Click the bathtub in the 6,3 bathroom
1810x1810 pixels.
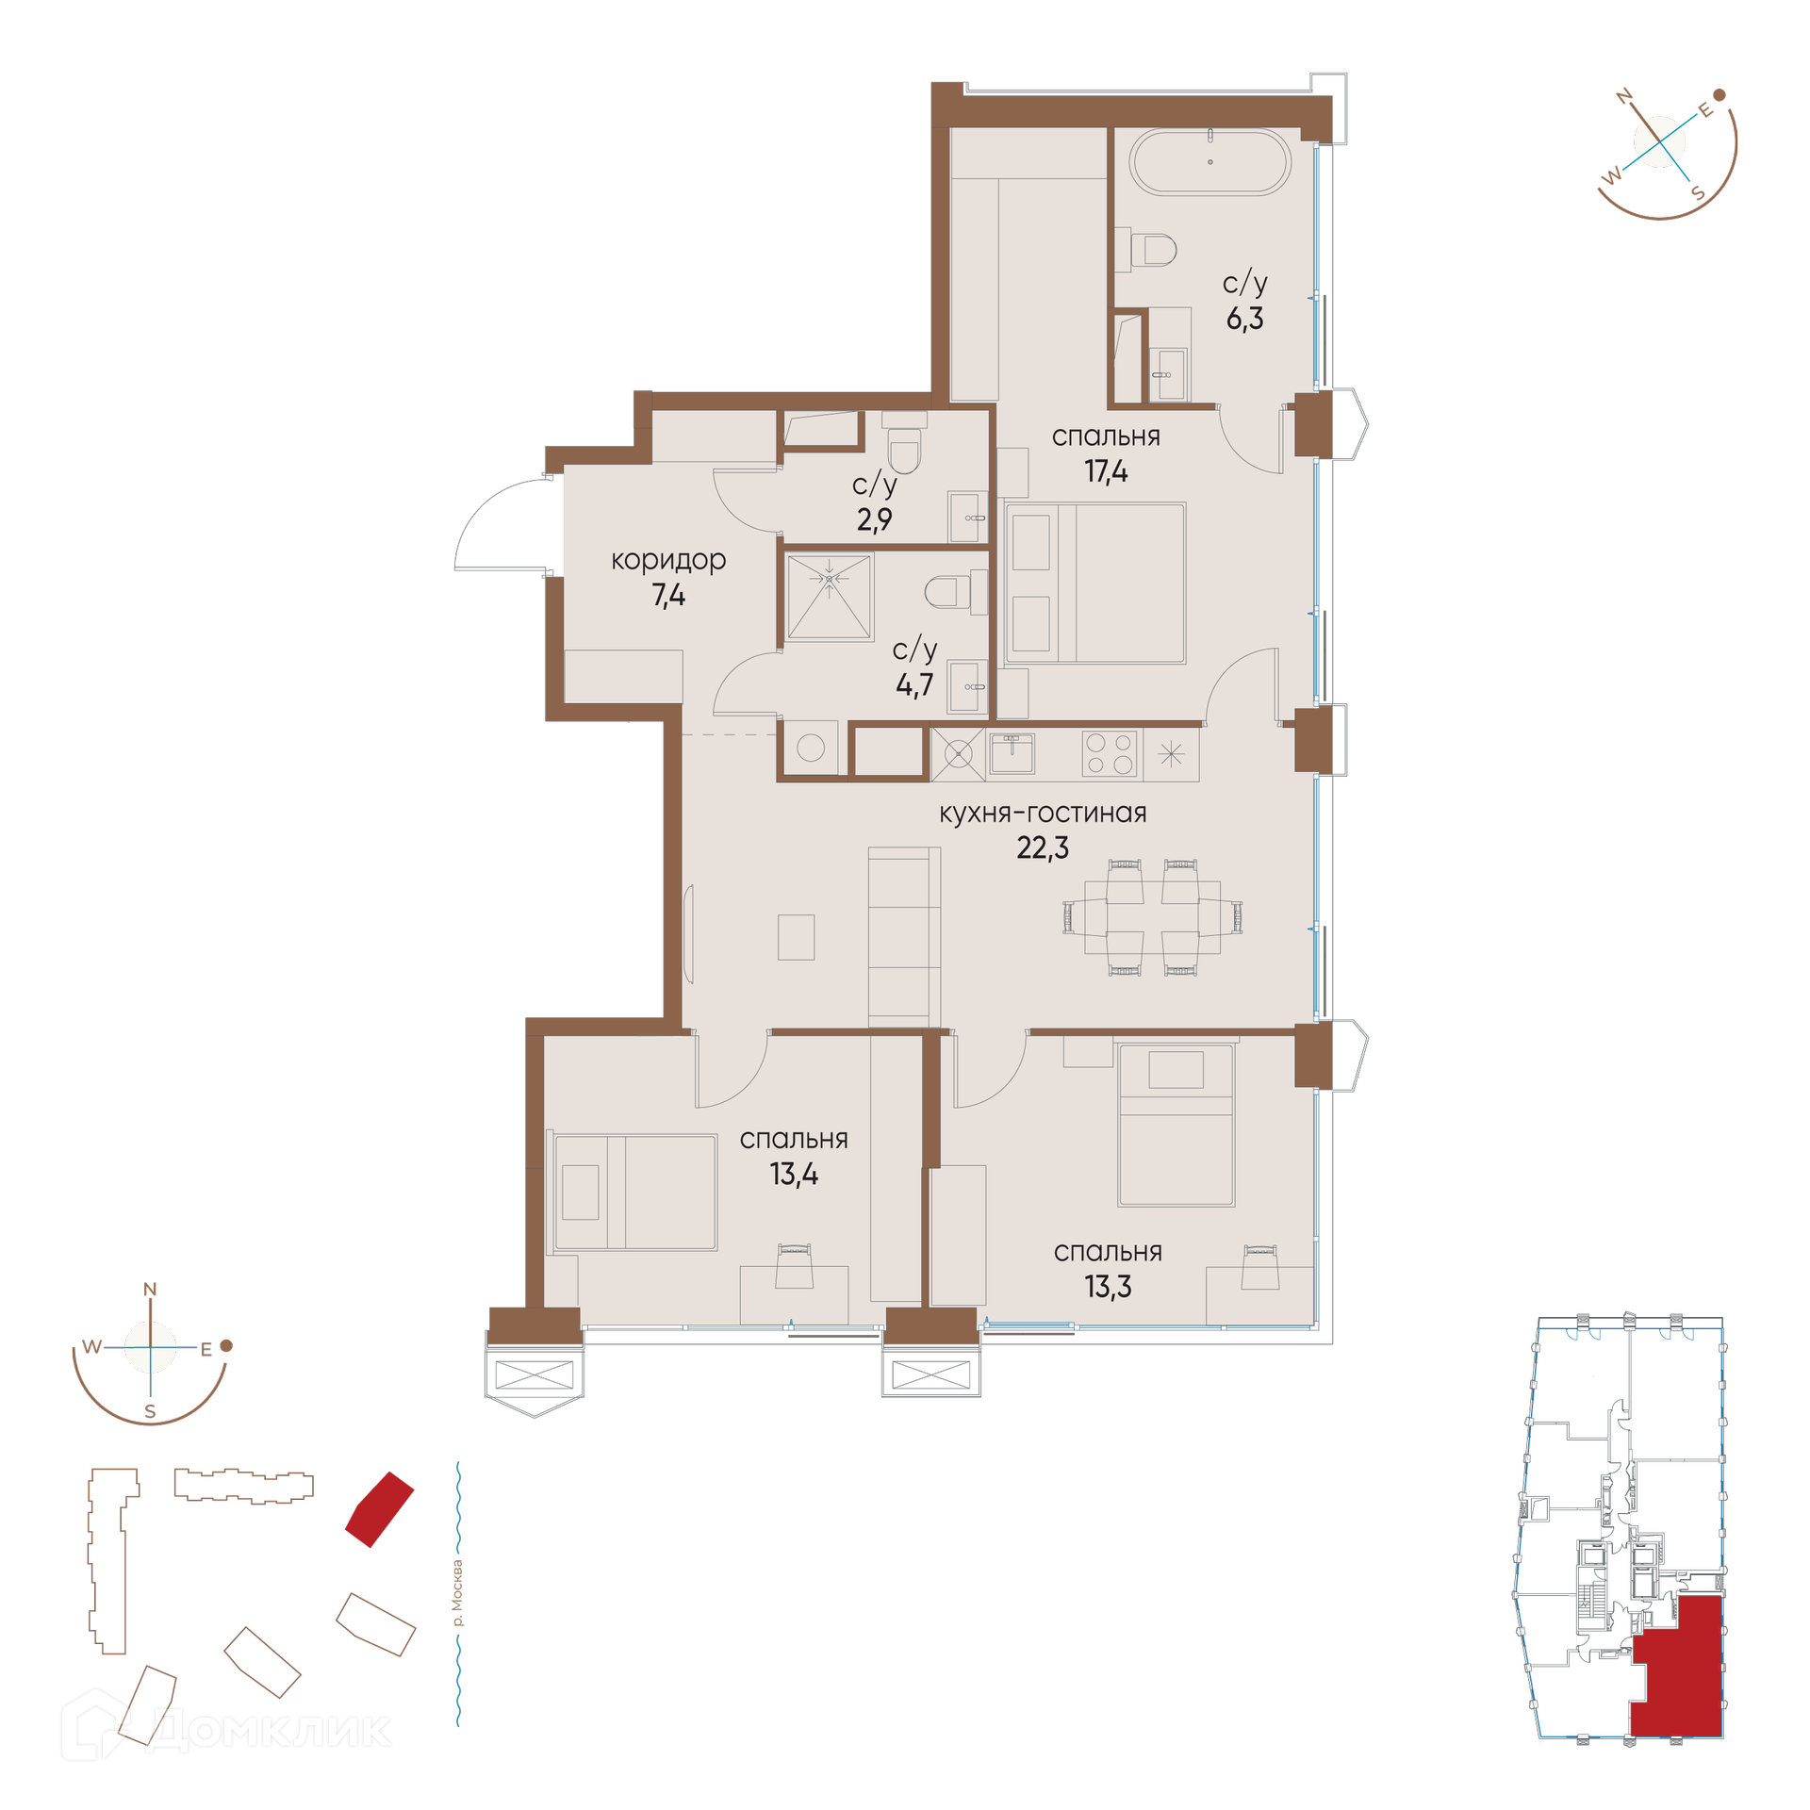click(1210, 161)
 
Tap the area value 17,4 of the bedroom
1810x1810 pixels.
click(1106, 471)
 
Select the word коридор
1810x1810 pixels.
click(668, 561)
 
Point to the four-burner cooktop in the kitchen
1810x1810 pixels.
click(1110, 753)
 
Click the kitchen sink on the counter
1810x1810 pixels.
click(1012, 753)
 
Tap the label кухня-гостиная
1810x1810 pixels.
click(1043, 813)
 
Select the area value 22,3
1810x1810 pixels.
click(1043, 848)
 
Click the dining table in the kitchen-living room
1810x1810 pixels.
click(1152, 917)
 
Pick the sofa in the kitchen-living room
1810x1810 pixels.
click(904, 937)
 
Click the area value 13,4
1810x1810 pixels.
click(794, 1175)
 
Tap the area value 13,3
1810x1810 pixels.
click(1108, 1287)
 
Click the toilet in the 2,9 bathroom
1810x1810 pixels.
click(904, 451)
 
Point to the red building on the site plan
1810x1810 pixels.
click(379, 1509)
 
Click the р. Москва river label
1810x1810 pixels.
click(458, 1593)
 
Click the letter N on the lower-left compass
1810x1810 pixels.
click(150, 1289)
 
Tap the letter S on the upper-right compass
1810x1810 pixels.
click(1699, 193)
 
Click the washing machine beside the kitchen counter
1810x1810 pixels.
click(811, 749)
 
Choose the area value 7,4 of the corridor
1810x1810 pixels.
click(668, 596)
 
